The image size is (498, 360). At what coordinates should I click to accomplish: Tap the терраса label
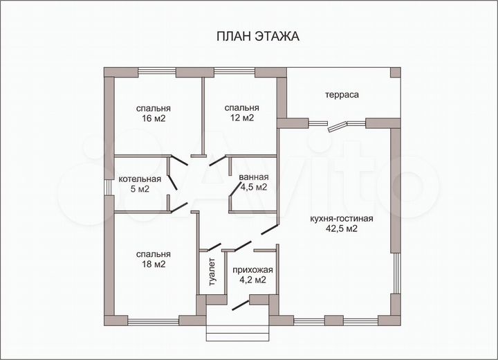342,95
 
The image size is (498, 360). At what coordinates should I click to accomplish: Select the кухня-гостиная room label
342,219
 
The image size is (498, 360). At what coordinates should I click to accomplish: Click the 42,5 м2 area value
342,229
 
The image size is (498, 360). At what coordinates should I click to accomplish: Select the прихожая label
253,270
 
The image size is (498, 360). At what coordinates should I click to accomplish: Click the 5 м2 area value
140,189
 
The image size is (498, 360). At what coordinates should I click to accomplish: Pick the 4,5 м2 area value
253,187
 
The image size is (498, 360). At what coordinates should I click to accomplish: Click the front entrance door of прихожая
239,303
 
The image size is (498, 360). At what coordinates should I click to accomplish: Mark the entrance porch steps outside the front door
237,329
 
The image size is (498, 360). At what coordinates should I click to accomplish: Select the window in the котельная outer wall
108,187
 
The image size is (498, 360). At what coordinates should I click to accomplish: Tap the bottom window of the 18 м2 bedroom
154,321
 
